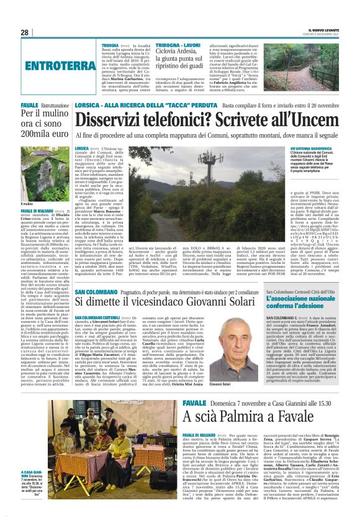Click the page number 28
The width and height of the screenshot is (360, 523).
pyautogui.click(x=24, y=32)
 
